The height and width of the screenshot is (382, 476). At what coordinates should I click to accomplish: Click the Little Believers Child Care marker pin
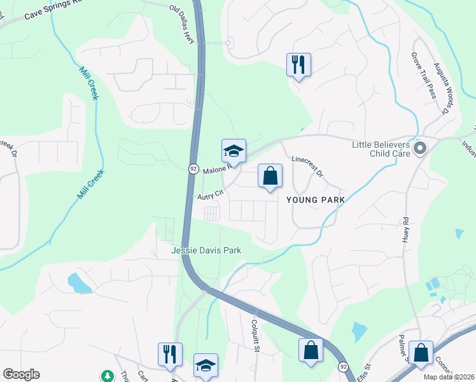coord(420,149)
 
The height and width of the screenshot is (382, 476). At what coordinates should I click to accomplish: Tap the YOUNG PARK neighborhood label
coord(316,200)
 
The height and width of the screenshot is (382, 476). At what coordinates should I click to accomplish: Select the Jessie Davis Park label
coord(206,251)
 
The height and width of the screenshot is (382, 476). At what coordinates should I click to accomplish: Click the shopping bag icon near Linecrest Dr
coord(270,175)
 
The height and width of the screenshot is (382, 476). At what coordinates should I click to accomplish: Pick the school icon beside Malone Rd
coord(234,152)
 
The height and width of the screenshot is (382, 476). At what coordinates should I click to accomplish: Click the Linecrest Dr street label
coord(307,167)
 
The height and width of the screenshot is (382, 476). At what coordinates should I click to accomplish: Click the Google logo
coord(21,374)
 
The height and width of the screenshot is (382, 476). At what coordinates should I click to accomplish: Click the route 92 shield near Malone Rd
coord(193,168)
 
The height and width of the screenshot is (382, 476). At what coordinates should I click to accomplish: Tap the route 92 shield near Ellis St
coord(343,367)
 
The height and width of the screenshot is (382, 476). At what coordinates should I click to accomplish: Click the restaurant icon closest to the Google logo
coord(170,353)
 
